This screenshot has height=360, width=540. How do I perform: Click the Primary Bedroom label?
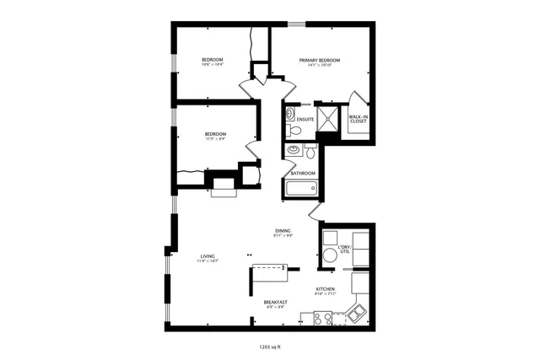click(x=319, y=60)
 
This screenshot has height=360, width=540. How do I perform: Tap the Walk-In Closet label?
click(x=359, y=119)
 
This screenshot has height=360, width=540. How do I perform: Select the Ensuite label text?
click(x=305, y=120)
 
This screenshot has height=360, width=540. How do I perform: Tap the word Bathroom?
click(x=303, y=174)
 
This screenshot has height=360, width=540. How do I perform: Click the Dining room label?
click(x=283, y=231)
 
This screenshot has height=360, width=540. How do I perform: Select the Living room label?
click(x=208, y=256)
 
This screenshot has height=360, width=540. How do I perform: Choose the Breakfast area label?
click(x=275, y=302)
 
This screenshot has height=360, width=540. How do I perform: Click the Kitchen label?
click(x=326, y=288)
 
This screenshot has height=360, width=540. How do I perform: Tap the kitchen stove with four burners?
click(x=322, y=318)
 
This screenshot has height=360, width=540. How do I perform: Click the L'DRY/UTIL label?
click(x=344, y=250)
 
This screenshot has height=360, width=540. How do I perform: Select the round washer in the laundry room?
click(x=328, y=255)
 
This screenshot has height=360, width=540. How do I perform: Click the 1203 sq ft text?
click(x=271, y=346)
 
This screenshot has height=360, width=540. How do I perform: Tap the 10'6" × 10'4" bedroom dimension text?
click(x=212, y=65)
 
